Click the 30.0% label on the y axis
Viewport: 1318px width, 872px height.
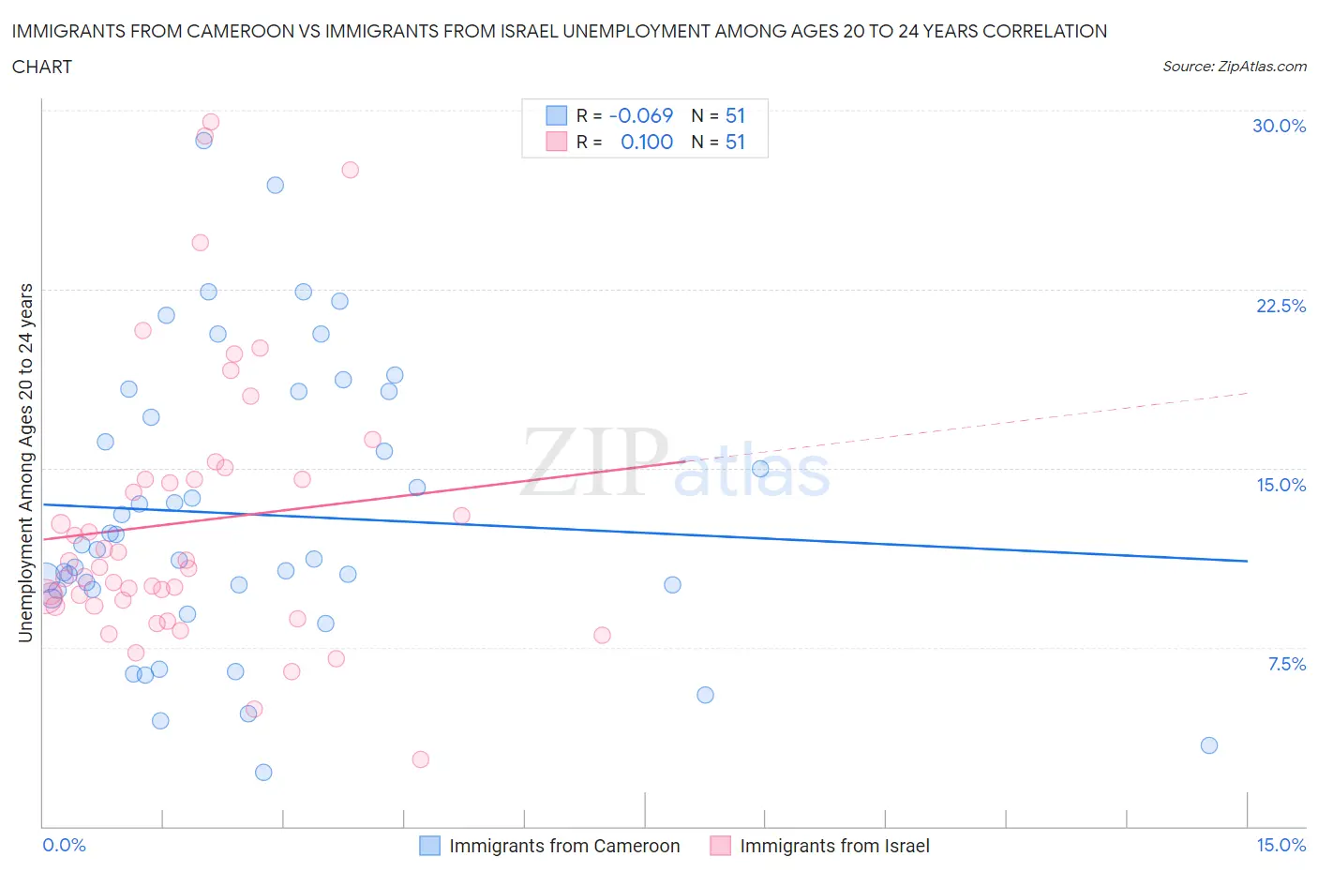pyautogui.click(x=1279, y=126)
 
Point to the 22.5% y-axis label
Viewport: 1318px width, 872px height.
pyautogui.click(x=1281, y=306)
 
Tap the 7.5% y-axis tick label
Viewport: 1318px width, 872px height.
pyautogui.click(x=1286, y=664)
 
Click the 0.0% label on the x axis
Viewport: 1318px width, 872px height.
pyautogui.click(x=64, y=845)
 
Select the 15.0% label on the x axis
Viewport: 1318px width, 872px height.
pyautogui.click(x=1281, y=845)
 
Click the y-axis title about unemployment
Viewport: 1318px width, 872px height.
pyautogui.click(x=25, y=463)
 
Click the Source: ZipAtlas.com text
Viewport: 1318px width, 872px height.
pyautogui.click(x=1234, y=66)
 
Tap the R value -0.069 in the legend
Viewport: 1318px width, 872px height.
pyautogui.click(x=640, y=115)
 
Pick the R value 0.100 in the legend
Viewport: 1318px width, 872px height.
pyautogui.click(x=647, y=142)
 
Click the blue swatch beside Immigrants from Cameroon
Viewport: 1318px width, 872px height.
pyautogui.click(x=429, y=846)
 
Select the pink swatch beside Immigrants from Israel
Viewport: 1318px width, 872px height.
pyautogui.click(x=720, y=846)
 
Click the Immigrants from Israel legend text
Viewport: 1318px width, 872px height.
pyautogui.click(x=834, y=846)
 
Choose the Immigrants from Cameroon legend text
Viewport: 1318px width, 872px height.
pyautogui.click(x=564, y=846)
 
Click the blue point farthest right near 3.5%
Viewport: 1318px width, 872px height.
pyautogui.click(x=1208, y=745)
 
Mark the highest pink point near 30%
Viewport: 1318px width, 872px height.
pyautogui.click(x=211, y=122)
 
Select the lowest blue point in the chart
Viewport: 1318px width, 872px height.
pyautogui.click(x=263, y=773)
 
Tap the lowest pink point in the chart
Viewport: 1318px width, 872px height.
pyautogui.click(x=420, y=759)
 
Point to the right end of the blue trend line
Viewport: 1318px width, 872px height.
pyautogui.click(x=1247, y=561)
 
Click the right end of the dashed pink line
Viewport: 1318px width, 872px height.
pyautogui.click(x=1248, y=393)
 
